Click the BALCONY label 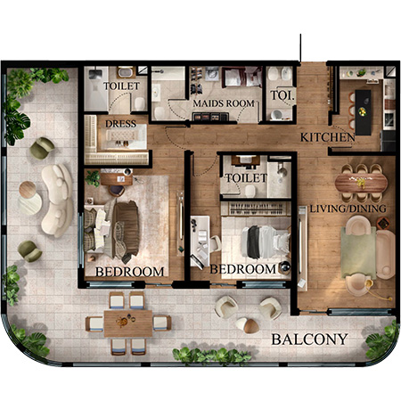pyautogui.click(x=309, y=340)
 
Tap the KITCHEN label pyautogui.click(x=328, y=137)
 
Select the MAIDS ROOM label pyautogui.click(x=224, y=103)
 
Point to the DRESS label pyautogui.click(x=120, y=124)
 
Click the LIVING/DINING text pyautogui.click(x=348, y=209)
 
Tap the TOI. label pyautogui.click(x=282, y=95)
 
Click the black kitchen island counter pyautogui.click(x=363, y=112)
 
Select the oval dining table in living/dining pyautogui.click(x=361, y=183)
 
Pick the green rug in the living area pyautogui.click(x=358, y=252)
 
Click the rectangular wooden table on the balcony pyautogui.click(x=128, y=323)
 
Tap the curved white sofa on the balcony pyautogui.click(x=58, y=200)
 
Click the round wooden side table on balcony pyautogui.click(x=28, y=190)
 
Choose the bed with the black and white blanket pyautogui.click(x=266, y=241)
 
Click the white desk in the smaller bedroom pyautogui.click(x=200, y=241)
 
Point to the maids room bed pyautogui.click(x=241, y=77)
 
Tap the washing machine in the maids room pyautogui.click(x=211, y=74)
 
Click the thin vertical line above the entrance pyautogui.click(x=300, y=48)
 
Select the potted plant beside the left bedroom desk pyautogui.click(x=93, y=178)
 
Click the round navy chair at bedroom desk pyautogui.click(x=117, y=191)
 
